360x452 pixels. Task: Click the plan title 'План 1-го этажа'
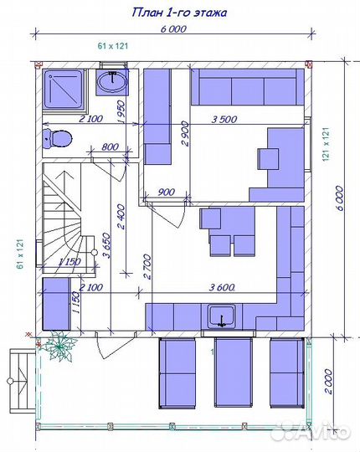click(x=179, y=13)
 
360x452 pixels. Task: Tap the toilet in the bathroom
click(x=58, y=139)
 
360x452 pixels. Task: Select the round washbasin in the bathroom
click(x=112, y=82)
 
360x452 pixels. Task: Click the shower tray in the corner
click(x=64, y=90)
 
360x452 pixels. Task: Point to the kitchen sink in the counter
click(x=221, y=316)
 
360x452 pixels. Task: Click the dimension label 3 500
click(x=224, y=119)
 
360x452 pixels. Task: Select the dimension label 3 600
click(x=221, y=287)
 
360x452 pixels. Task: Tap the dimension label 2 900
click(x=186, y=134)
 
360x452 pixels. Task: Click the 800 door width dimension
click(x=110, y=146)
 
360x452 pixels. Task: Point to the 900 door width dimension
click(x=167, y=192)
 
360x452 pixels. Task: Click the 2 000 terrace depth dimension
click(x=329, y=382)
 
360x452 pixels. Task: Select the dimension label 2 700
click(x=147, y=267)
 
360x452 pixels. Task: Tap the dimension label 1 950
click(x=122, y=112)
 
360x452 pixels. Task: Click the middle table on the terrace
click(x=234, y=372)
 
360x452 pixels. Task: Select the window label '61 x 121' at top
click(x=113, y=46)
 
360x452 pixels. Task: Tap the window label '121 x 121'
click(x=326, y=145)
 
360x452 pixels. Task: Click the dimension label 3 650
click(x=106, y=245)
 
